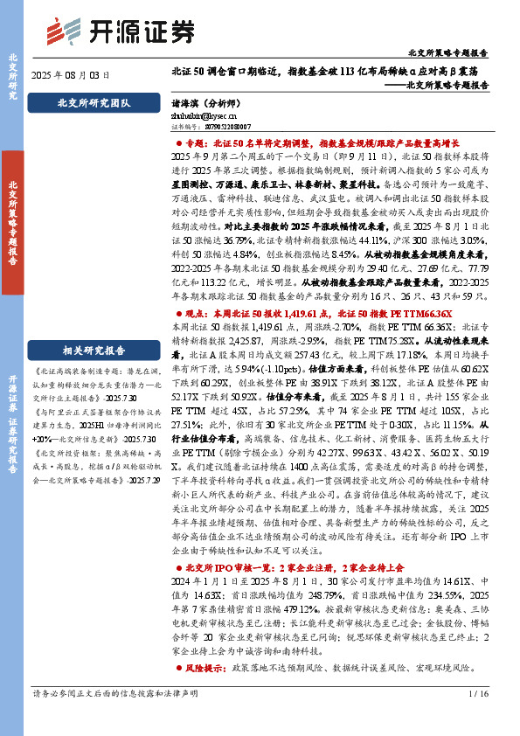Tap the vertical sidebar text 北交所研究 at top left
click(x=13, y=78)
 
